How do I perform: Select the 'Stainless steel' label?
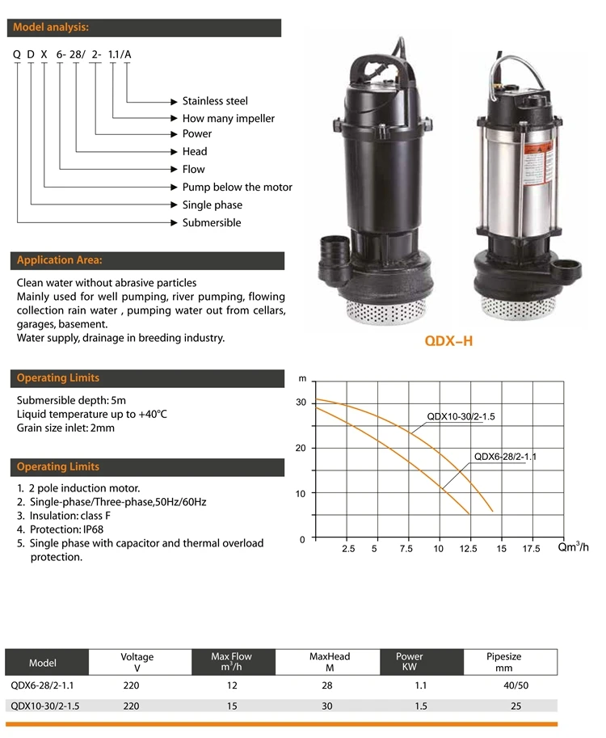[x=215, y=101]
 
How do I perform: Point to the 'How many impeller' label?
[x=228, y=118]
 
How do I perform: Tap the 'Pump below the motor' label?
[x=237, y=187]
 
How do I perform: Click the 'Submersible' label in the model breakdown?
[x=211, y=222]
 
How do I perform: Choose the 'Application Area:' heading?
[x=60, y=260]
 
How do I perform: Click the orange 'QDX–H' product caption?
[x=448, y=341]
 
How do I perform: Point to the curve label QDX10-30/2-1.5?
[x=461, y=417]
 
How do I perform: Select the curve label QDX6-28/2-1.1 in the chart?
[x=505, y=456]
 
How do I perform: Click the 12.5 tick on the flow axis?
[x=469, y=549]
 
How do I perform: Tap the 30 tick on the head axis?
[x=301, y=402]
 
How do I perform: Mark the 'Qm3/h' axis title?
[x=574, y=547]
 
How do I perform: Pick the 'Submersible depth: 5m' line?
[x=72, y=400]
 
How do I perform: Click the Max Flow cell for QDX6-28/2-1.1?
[x=231, y=685]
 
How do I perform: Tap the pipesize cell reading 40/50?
[x=516, y=685]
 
